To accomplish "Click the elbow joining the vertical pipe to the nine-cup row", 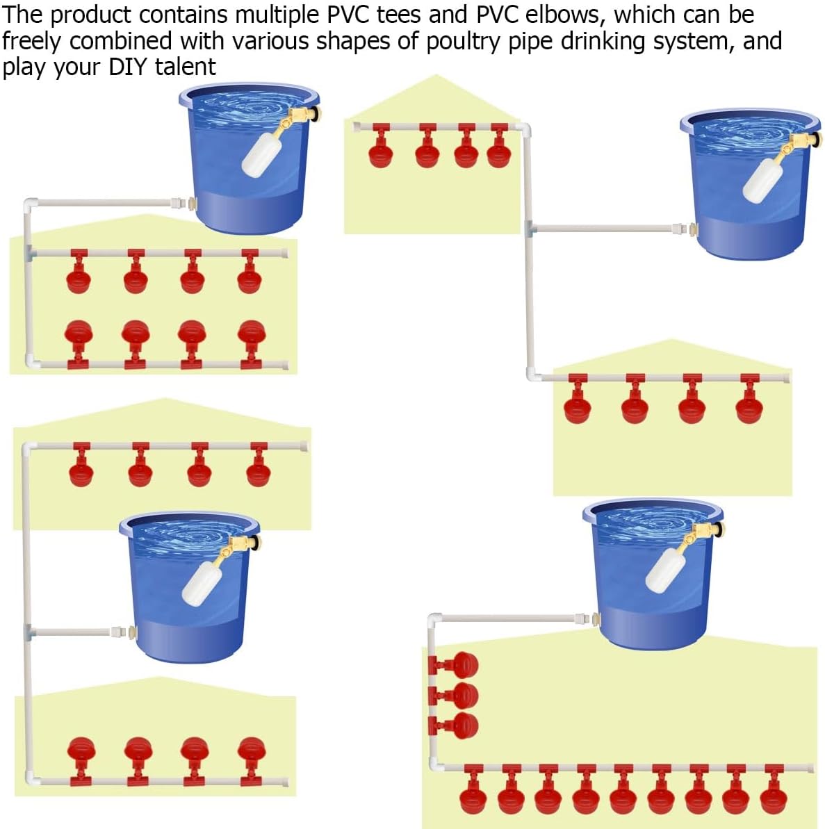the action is (x=436, y=764).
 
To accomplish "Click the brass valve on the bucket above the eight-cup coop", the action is (x=302, y=116).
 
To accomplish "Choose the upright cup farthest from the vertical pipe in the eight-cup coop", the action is (x=251, y=345).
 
